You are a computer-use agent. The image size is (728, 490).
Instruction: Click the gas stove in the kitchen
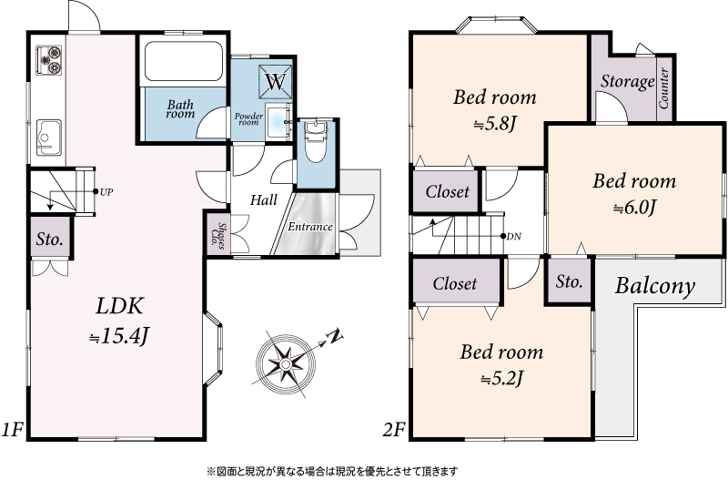pyautogui.click(x=49, y=60)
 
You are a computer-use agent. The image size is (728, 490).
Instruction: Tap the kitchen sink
pyautogui.click(x=49, y=138)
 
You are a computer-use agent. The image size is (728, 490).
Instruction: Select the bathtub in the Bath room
pyautogui.click(x=183, y=61)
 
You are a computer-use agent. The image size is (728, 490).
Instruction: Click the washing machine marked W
pyautogui.click(x=276, y=81)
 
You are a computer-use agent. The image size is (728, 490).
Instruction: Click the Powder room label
pyautogui.click(x=248, y=119)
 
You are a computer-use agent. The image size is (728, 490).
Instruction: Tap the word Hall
pyautogui.click(x=264, y=200)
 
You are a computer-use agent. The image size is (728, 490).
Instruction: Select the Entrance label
pyautogui.click(x=310, y=227)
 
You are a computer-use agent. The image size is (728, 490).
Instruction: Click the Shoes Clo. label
pyautogui.click(x=221, y=236)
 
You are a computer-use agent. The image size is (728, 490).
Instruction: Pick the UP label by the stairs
pyautogui.click(x=106, y=192)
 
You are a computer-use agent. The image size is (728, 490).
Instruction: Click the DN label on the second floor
pyautogui.click(x=514, y=237)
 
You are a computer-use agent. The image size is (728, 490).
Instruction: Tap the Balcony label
pyautogui.click(x=654, y=286)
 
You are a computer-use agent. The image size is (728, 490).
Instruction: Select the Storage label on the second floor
pyautogui.click(x=627, y=82)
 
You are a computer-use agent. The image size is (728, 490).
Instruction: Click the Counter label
pyautogui.click(x=664, y=88)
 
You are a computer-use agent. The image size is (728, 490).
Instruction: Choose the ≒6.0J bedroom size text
pyautogui.click(x=634, y=208)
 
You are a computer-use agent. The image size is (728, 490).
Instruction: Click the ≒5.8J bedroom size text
pyautogui.click(x=495, y=124)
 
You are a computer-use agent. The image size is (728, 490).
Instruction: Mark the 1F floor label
pyautogui.click(x=12, y=430)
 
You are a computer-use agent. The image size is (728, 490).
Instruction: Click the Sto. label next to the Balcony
pyautogui.click(x=570, y=281)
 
